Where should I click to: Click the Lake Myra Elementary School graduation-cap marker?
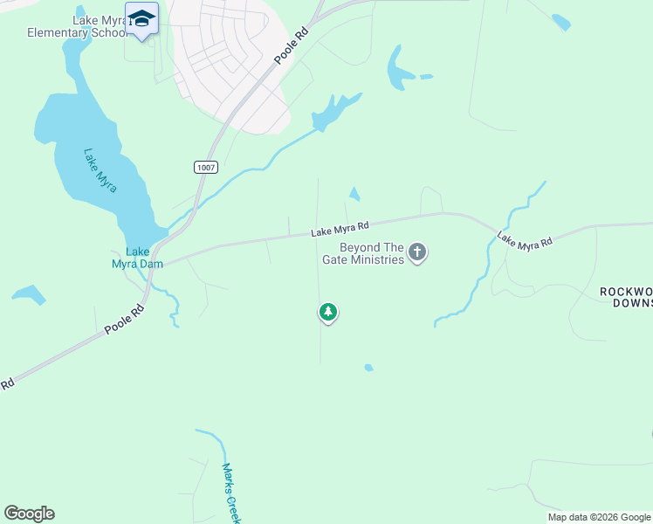click(x=141, y=19)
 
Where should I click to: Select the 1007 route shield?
click(x=205, y=166)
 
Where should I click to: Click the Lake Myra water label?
click(x=100, y=169)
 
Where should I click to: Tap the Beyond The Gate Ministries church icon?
click(x=417, y=252)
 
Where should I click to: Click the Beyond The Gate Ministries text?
click(x=372, y=253)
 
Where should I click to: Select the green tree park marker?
click(x=327, y=312)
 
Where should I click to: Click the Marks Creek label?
click(x=231, y=493)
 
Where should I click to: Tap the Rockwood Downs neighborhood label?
click(x=626, y=297)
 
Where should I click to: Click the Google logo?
click(x=29, y=514)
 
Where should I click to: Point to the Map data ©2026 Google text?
click(x=599, y=517)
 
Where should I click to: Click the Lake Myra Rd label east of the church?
click(x=525, y=240)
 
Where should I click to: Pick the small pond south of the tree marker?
click(x=368, y=368)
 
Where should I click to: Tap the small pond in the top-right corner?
click(x=560, y=22)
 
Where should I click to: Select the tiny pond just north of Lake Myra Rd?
click(x=354, y=194)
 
